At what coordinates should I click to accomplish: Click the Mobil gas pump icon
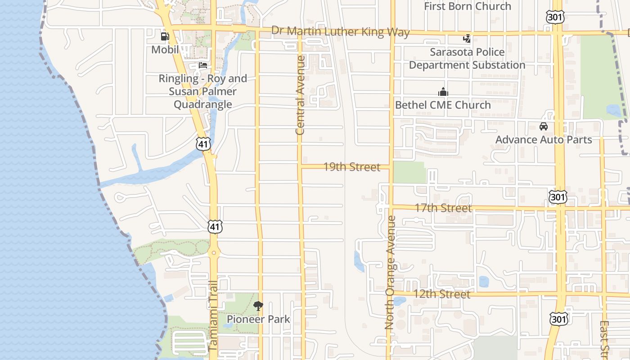pos(165,36)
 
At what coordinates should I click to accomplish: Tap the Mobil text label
pos(165,49)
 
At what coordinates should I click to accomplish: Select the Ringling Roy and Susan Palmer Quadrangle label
pos(202,91)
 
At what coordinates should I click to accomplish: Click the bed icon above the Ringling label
pos(203,65)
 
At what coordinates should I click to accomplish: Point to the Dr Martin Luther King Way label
pos(341,31)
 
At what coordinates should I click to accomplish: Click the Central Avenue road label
pos(300,95)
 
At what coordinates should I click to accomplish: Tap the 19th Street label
pos(352,167)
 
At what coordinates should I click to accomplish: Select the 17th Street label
pos(443,208)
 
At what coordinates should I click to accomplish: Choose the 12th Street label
pos(442,294)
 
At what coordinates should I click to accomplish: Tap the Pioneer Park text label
pos(258,319)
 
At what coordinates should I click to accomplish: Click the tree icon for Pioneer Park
pos(258,306)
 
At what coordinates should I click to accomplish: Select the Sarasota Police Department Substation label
pos(467,58)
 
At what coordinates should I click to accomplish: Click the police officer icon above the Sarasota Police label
pos(467,39)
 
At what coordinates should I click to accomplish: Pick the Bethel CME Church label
pos(443,105)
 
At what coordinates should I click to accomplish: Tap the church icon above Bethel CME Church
pos(443,92)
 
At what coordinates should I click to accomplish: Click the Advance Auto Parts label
pos(544,139)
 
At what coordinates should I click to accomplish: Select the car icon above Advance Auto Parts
pos(544,126)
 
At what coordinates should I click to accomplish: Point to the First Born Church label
pos(468,6)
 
